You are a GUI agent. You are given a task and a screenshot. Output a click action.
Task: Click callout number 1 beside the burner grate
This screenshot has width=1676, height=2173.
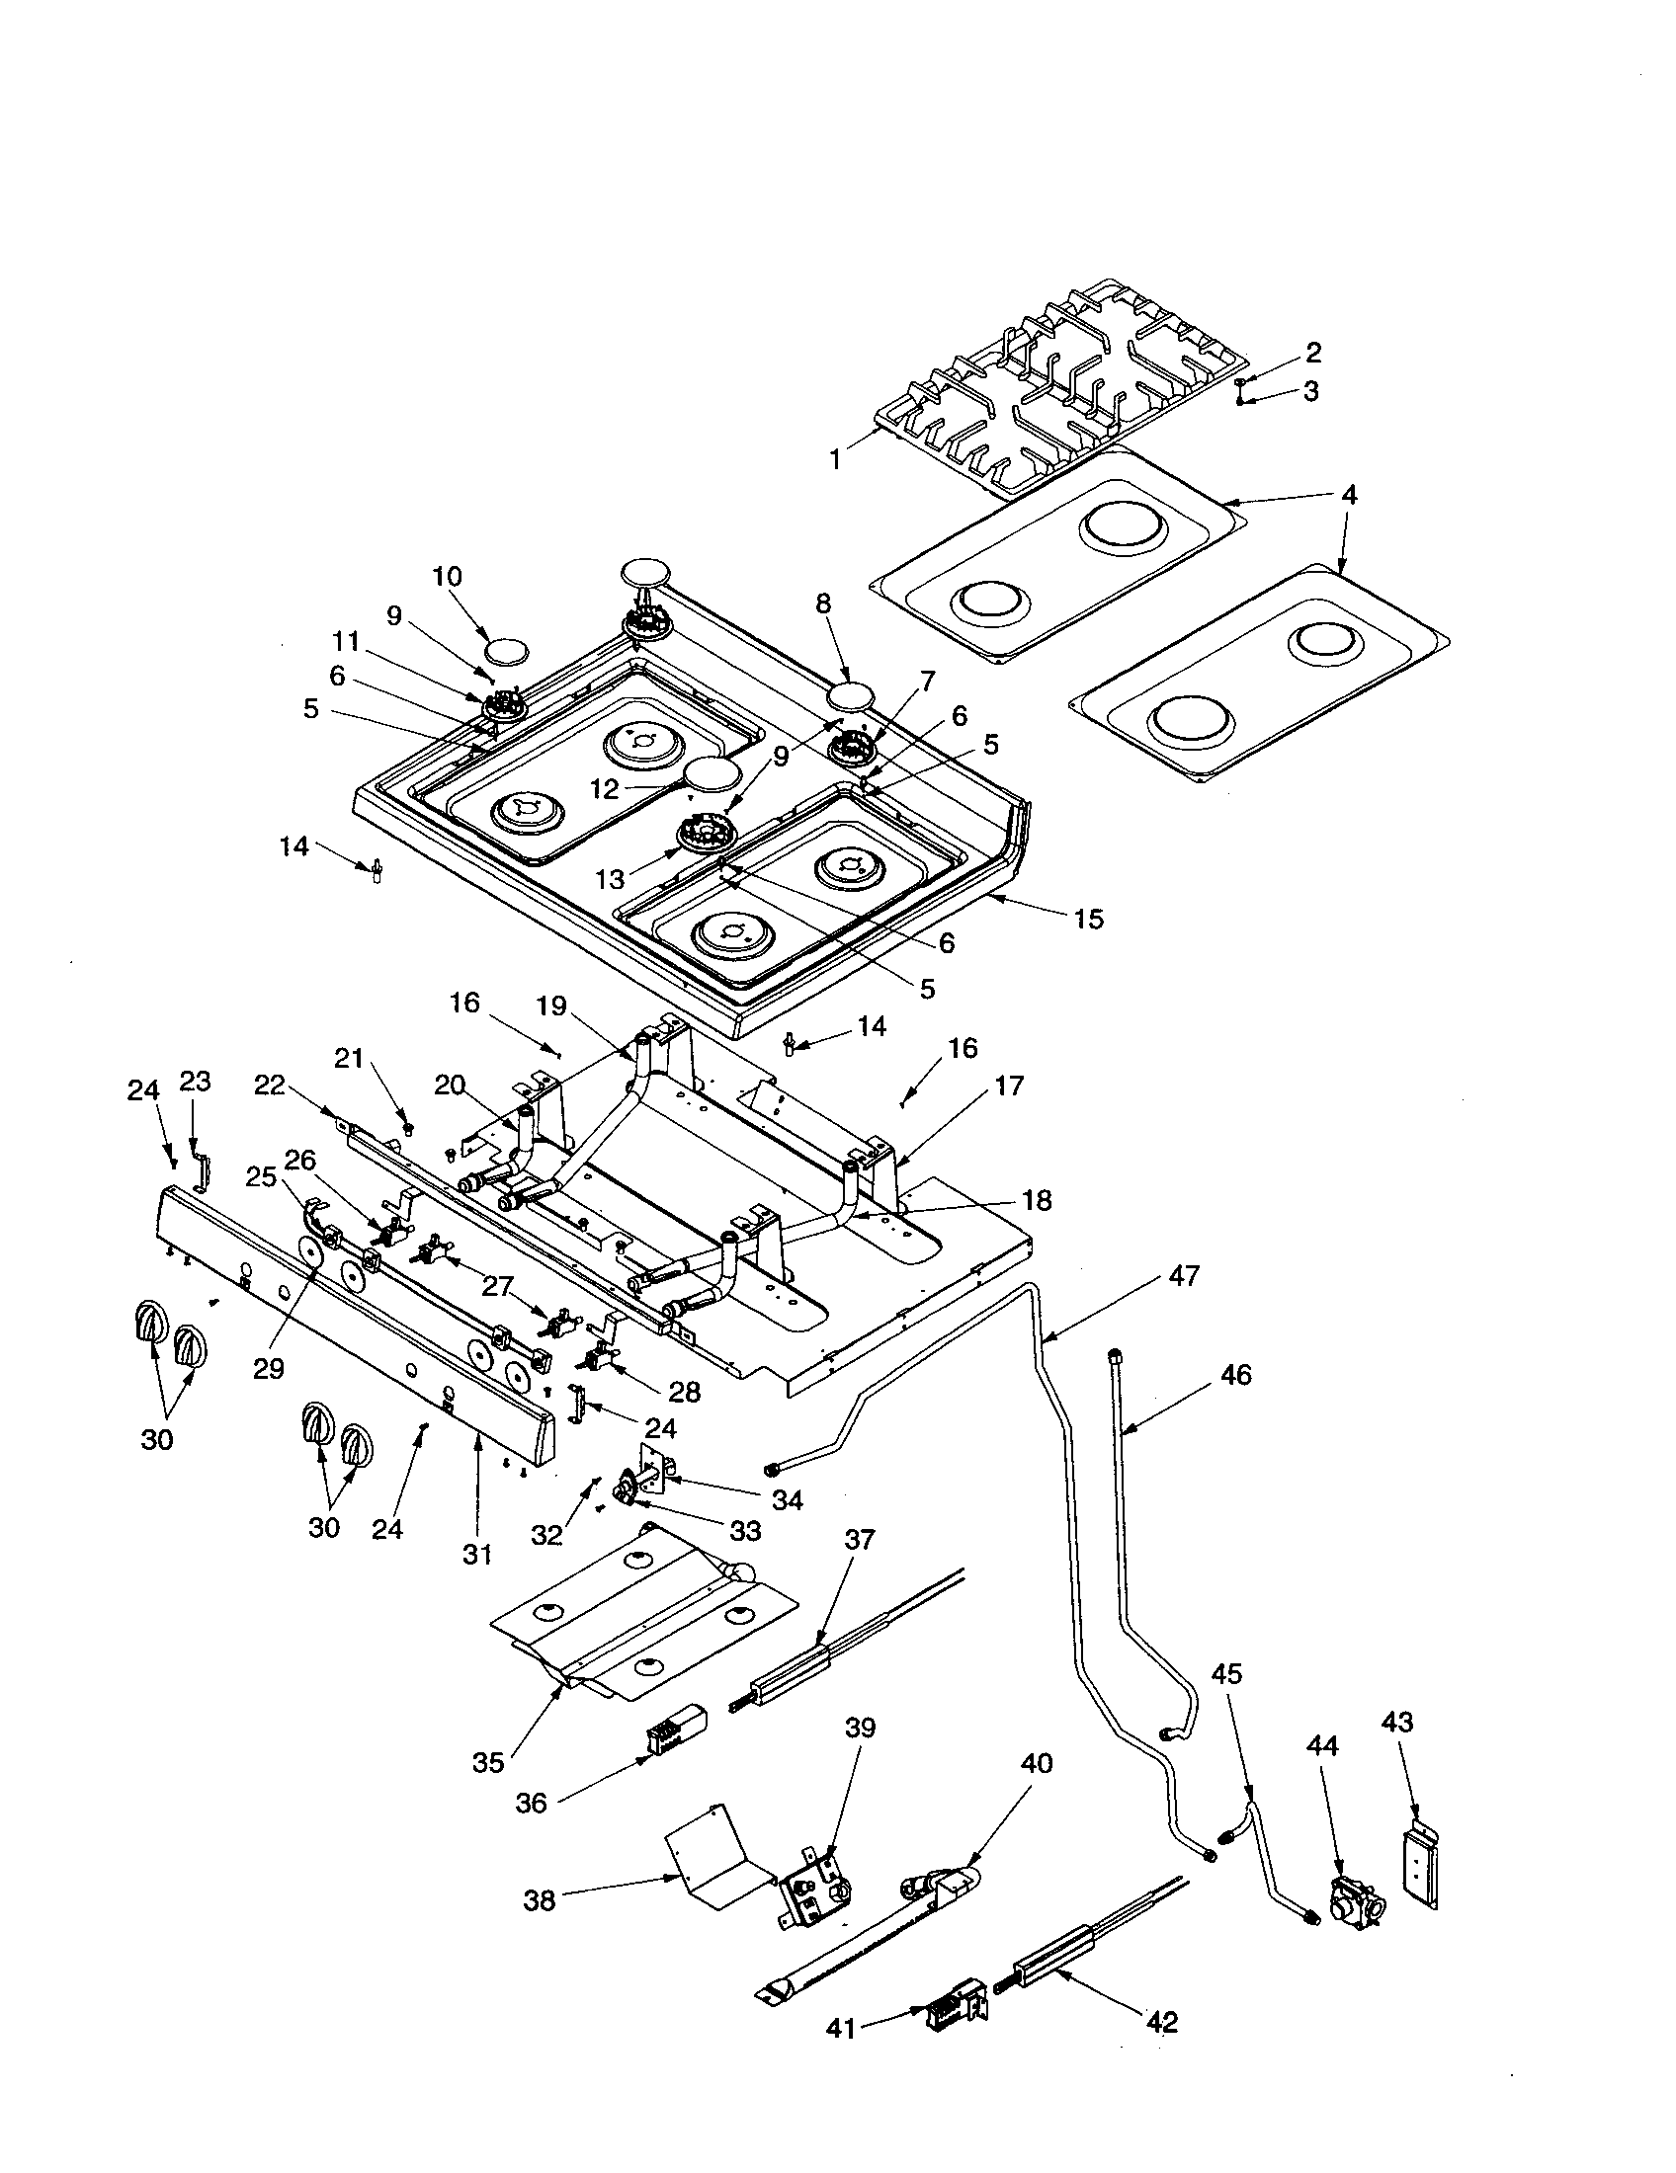click(x=836, y=459)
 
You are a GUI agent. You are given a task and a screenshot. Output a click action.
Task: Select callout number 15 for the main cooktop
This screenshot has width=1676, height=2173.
click(x=1089, y=919)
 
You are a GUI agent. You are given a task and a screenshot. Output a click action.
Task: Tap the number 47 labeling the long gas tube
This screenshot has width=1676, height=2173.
click(x=1183, y=1275)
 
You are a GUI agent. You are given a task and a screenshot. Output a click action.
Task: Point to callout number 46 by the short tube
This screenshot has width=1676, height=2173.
click(x=1235, y=1376)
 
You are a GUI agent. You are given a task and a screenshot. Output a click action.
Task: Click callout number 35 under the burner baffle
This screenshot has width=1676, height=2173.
click(x=487, y=1762)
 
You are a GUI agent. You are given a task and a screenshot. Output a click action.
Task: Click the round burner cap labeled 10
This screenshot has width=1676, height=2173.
click(x=507, y=652)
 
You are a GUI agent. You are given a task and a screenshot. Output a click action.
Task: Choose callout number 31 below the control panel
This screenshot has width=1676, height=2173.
click(x=477, y=1554)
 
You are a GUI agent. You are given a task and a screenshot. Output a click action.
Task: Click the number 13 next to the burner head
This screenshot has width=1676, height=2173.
click(x=610, y=879)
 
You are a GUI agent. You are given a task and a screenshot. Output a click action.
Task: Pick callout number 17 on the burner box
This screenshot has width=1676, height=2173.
click(x=1008, y=1086)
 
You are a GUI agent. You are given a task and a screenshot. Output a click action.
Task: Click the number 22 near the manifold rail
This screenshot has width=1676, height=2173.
click(x=269, y=1086)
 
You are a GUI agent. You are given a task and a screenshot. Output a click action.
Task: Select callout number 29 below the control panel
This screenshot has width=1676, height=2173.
click(x=269, y=1369)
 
